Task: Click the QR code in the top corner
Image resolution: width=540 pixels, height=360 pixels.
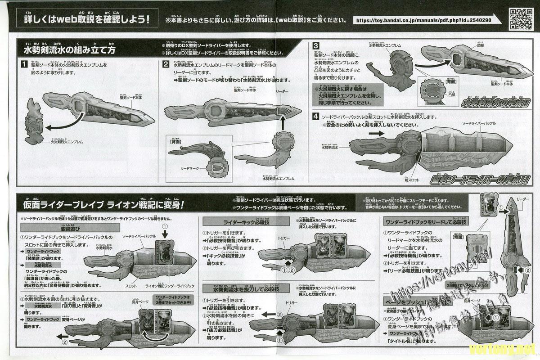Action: coord(521,17)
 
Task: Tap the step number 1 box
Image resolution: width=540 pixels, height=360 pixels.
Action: coord(24,65)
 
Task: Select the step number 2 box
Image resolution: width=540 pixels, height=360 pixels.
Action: coord(166,65)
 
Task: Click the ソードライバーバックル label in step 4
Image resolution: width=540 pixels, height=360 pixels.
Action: coord(481,123)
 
